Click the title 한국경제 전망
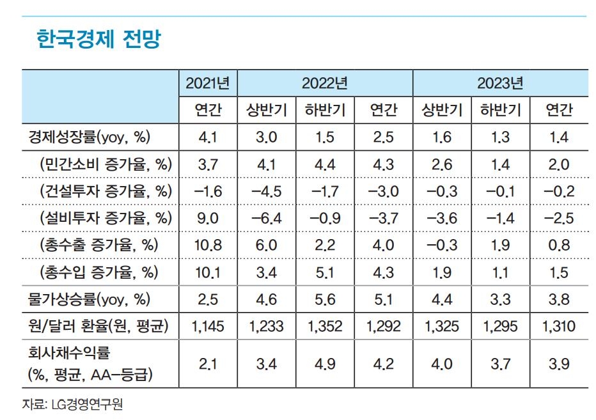[x=99, y=40]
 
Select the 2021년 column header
[x=207, y=83]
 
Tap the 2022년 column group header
[x=324, y=83]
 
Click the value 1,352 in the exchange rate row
[x=325, y=327]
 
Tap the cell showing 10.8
[x=208, y=245]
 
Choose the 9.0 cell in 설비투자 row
[x=208, y=218]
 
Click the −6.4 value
[x=266, y=218]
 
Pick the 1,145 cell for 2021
[x=208, y=327]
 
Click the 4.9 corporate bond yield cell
[x=325, y=364]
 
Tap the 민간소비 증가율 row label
[x=106, y=164]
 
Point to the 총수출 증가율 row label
[x=99, y=245]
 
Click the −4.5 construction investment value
[x=266, y=191]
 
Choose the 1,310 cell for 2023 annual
[x=558, y=327]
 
